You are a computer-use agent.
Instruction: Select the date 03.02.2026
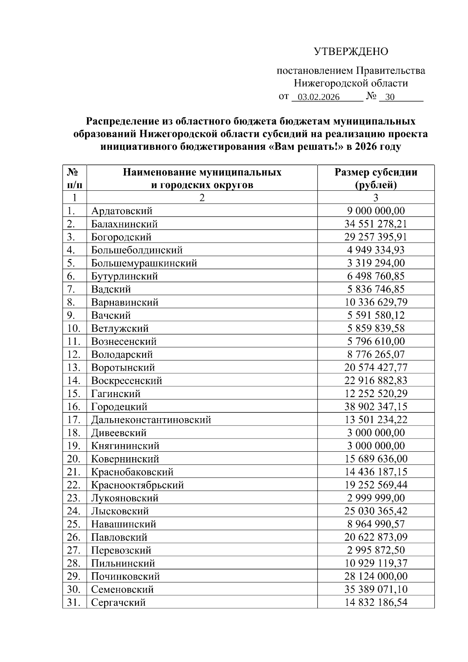point(318,97)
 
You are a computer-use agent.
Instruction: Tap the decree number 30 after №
point(390,97)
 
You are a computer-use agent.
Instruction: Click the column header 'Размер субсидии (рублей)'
point(376,178)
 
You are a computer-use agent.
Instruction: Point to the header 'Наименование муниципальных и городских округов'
point(202,178)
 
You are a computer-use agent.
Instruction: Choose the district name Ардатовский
point(122,211)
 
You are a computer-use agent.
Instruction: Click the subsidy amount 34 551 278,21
point(376,224)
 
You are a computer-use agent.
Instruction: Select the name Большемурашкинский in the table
point(144,263)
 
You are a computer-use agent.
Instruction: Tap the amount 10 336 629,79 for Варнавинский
point(376,302)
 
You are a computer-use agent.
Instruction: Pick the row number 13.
point(74,367)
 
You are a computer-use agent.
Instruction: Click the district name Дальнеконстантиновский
point(151,420)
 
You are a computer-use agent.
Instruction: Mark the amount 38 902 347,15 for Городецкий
point(376,407)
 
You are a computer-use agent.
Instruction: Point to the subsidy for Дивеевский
point(376,433)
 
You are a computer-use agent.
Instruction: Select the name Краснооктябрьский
point(137,485)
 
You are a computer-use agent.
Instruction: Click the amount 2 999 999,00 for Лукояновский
point(376,498)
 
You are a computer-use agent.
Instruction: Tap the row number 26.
point(74,538)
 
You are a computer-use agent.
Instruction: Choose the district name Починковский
point(125,577)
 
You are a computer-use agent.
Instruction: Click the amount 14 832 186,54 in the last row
point(376,603)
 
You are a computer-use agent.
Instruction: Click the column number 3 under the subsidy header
point(376,198)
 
